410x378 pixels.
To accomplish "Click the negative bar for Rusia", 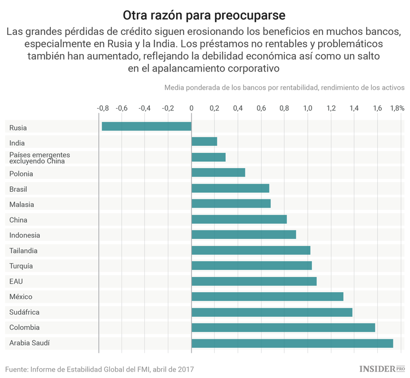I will pyautogui.click(x=146, y=126).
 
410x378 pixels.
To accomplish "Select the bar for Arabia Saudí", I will pyautogui.click(x=292, y=343).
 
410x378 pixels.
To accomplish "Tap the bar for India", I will pyautogui.click(x=204, y=141).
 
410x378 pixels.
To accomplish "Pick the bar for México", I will pyautogui.click(x=267, y=297).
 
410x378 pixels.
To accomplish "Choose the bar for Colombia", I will pyautogui.click(x=283, y=328).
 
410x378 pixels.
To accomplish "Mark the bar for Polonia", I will pyautogui.click(x=218, y=173).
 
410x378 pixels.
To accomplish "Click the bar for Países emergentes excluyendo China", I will pyautogui.click(x=208, y=157).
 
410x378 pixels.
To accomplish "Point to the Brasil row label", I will pyautogui.click(x=18, y=189).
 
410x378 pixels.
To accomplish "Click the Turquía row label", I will pyautogui.click(x=21, y=266).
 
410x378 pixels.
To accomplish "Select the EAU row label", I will pyautogui.click(x=16, y=281).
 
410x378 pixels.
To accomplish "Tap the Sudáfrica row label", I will pyautogui.click(x=24, y=312).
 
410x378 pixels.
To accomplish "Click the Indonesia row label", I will pyautogui.click(x=25, y=235).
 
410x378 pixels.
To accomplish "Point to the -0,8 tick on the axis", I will pyautogui.click(x=102, y=108).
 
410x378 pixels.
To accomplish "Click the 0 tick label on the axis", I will pyautogui.click(x=191, y=108).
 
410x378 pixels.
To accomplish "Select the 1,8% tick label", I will pyautogui.click(x=397, y=108).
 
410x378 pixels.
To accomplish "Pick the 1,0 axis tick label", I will pyautogui.click(x=308, y=108).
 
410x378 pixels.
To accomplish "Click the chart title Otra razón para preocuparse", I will pyautogui.click(x=204, y=14).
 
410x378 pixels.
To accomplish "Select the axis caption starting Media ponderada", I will pyautogui.click(x=284, y=87).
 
